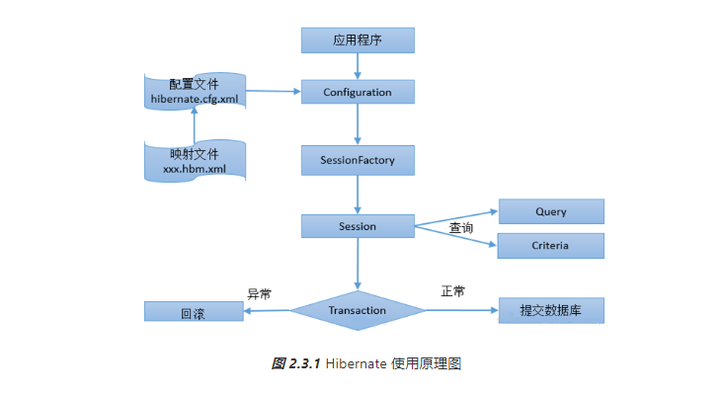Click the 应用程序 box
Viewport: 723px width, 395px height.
[358, 40]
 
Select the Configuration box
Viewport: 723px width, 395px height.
[358, 92]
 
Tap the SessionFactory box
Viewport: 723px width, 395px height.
[358, 159]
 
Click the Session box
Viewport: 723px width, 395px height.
[358, 226]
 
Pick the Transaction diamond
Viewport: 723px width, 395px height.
[358, 310]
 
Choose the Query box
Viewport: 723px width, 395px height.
[550, 211]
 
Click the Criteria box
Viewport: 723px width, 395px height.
[550, 245]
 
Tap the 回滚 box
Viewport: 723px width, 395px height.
[193, 312]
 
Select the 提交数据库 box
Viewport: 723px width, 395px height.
[550, 310]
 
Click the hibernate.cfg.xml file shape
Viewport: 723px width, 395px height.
[195, 92]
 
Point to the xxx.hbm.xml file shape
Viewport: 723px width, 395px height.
[195, 160]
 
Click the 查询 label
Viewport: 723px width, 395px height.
[461, 228]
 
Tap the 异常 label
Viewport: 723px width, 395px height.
[259, 293]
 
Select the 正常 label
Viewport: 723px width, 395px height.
[452, 291]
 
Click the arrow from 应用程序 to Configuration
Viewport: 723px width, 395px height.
[358, 66]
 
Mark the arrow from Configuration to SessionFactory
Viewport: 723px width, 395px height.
[358, 125]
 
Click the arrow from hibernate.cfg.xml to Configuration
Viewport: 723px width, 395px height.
[273, 92]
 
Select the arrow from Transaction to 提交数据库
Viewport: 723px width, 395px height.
[461, 310]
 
